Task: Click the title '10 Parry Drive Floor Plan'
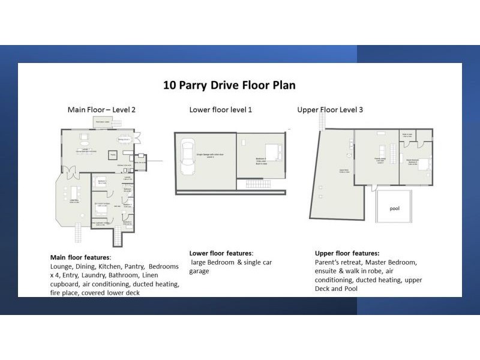[230, 85]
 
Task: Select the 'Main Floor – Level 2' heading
[101, 110]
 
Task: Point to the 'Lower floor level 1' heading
[220, 110]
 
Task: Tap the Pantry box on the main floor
[112, 155]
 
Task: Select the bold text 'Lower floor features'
[221, 253]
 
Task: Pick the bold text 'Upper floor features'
[347, 253]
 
